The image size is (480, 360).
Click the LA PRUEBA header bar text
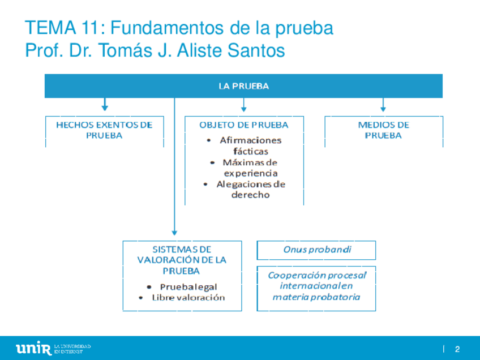pyautogui.click(x=243, y=86)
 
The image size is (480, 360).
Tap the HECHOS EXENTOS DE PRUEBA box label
pyautogui.click(x=104, y=130)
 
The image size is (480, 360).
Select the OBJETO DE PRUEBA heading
pyautogui.click(x=244, y=125)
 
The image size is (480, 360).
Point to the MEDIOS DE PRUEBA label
pyautogui.click(x=383, y=130)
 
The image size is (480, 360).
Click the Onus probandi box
pyautogui.click(x=317, y=249)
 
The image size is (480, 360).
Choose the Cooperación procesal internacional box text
pyautogui.click(x=317, y=286)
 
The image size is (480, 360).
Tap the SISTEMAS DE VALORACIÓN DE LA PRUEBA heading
pyautogui.click(x=182, y=260)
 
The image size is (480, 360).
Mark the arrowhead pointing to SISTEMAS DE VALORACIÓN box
pyautogui.click(x=174, y=232)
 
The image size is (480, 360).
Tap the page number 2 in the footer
pyautogui.click(x=457, y=349)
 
